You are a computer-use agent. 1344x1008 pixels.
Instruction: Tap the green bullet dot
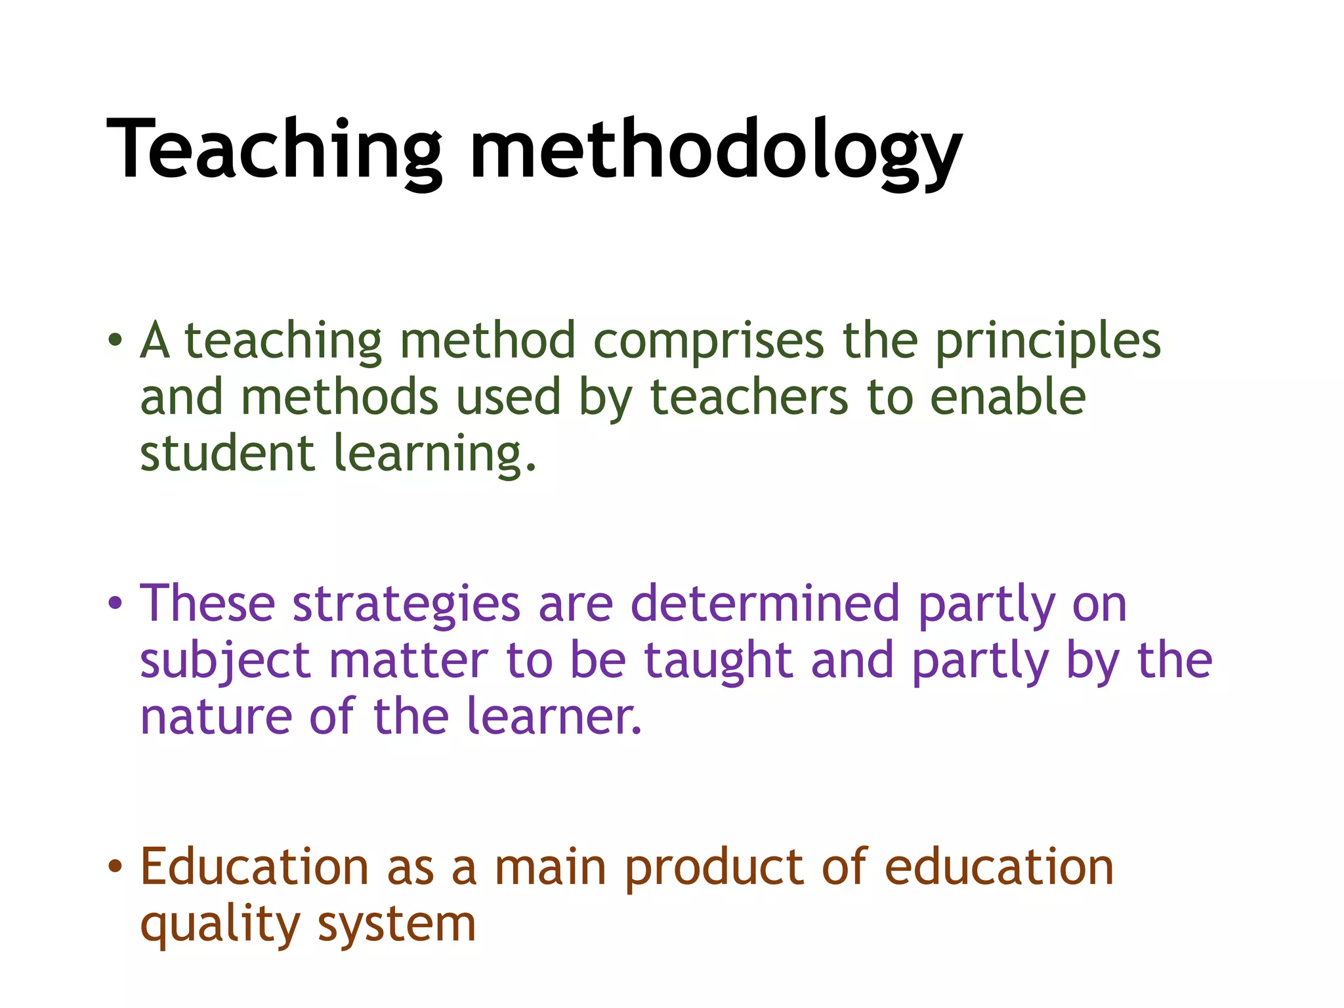(115, 340)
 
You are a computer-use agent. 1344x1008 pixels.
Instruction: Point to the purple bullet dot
(115, 602)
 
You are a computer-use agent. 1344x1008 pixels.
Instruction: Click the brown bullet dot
(115, 866)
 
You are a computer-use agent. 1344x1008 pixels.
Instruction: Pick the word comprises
(708, 341)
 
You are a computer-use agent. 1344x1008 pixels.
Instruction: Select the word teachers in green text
(749, 398)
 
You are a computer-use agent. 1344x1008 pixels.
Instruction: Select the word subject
(225, 661)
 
